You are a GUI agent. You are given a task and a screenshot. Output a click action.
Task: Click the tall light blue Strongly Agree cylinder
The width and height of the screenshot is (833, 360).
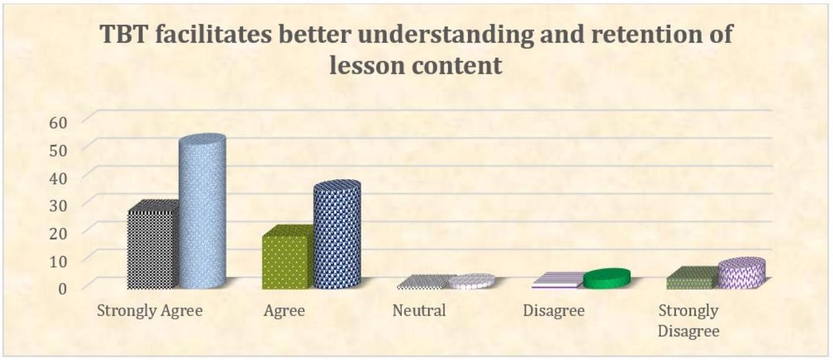pos(202,211)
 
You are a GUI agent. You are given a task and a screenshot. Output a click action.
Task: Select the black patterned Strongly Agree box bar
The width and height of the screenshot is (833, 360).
pos(153,245)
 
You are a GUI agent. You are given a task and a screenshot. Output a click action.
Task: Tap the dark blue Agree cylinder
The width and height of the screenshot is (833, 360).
pos(337,234)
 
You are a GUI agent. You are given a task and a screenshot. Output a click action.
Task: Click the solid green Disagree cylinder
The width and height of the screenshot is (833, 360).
pos(607,278)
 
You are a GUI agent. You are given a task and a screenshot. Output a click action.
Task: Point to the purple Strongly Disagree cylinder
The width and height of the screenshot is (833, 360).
pos(741,273)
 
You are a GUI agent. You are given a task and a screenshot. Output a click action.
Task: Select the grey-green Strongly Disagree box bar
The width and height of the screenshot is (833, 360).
pos(692,278)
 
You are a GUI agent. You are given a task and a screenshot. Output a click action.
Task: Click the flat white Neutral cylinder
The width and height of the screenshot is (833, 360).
pos(472,281)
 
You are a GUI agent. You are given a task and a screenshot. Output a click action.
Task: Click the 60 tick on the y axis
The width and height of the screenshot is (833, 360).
pos(59,122)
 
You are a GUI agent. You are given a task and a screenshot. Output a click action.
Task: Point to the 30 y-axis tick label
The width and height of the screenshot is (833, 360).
pos(59,206)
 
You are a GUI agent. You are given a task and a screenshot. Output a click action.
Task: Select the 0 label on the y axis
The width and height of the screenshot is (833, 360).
pos(63,288)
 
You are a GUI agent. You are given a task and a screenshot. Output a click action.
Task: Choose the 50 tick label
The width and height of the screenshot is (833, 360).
pos(59,150)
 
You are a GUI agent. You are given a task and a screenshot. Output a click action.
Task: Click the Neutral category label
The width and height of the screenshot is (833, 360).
pos(419,311)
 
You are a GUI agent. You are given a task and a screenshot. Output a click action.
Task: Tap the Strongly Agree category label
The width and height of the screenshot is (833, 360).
pos(150,311)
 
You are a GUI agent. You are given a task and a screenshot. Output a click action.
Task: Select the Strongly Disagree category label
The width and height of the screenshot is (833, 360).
pos(688,321)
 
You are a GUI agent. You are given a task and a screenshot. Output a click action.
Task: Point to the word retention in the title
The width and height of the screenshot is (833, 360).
pos(644,34)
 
